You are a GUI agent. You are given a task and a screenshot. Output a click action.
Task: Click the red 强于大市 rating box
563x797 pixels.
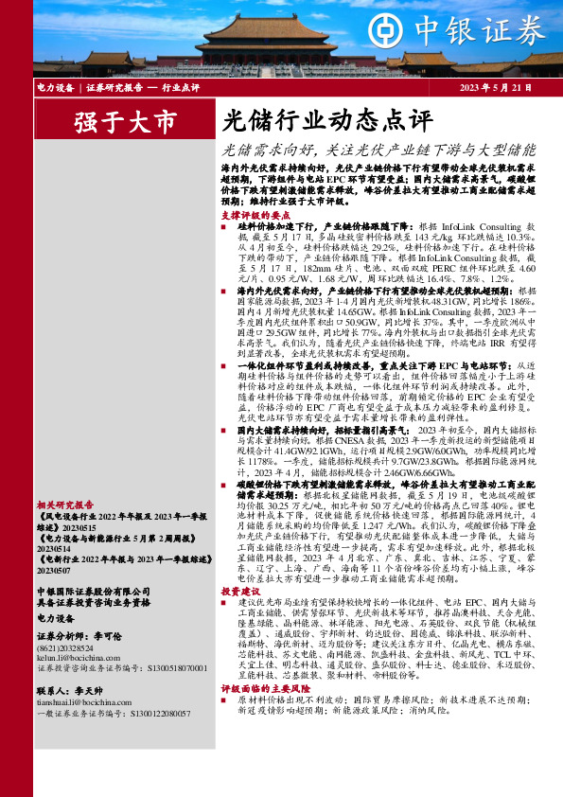pos(126,122)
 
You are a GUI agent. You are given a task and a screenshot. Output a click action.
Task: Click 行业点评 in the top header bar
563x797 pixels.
pos(181,88)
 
